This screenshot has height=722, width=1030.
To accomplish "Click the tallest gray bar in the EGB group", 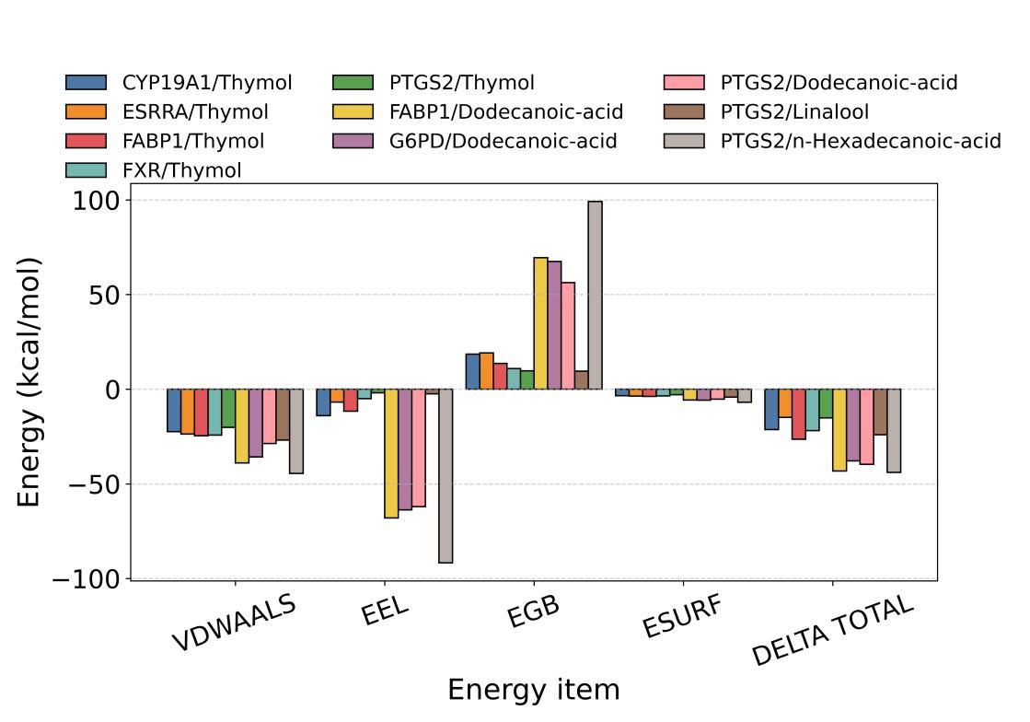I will pos(595,295).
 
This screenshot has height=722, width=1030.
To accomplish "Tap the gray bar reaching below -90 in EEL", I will pos(446,475).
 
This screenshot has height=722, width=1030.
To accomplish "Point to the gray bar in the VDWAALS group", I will pos(295,431).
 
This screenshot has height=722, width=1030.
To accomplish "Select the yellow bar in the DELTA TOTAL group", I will pos(839,430).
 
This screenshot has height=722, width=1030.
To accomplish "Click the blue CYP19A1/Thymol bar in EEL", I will pos(323,402).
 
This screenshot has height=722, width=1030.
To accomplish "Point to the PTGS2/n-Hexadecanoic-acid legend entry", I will pos(860,142).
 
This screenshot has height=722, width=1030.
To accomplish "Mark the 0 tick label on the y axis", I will pos(110,390).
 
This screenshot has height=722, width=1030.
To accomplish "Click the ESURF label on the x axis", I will pos(681,617).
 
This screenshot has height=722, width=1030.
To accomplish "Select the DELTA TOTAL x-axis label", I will pos(833,631).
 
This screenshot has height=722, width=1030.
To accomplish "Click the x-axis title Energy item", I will pos(533,690).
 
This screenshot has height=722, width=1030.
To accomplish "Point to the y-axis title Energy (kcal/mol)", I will pos(29,381).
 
